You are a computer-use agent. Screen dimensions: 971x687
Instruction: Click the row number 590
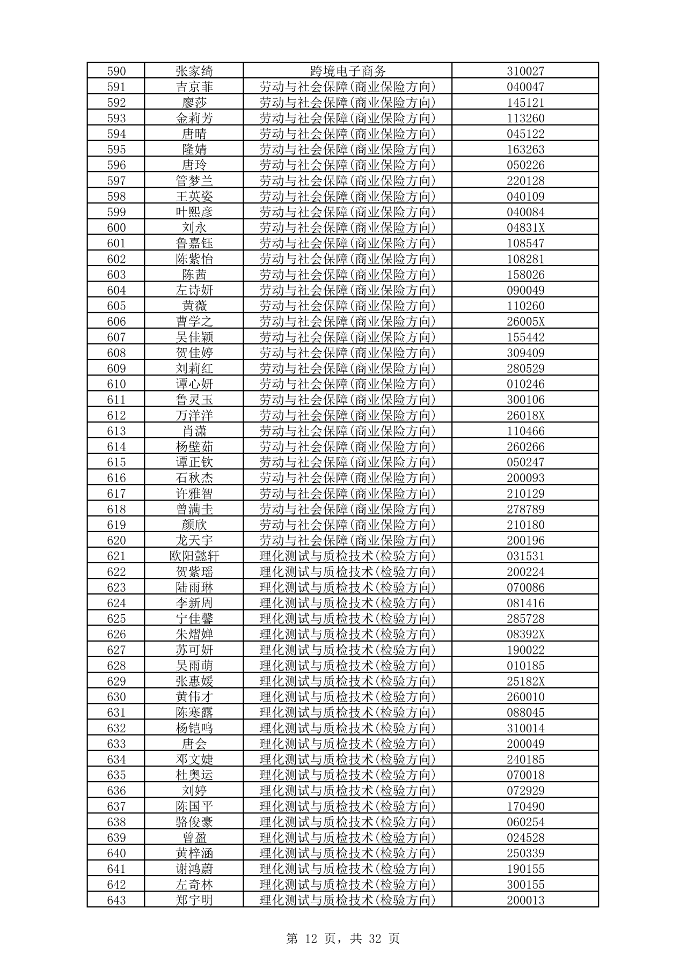coord(116,71)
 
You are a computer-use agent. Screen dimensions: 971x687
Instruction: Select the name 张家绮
coord(194,71)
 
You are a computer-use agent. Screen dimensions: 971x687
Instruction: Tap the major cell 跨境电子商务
coord(348,71)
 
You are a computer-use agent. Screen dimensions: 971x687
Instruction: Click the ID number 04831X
coord(525,227)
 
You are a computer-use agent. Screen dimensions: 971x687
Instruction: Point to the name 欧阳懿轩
coord(194,556)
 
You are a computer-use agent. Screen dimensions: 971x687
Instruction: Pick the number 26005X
coord(525,321)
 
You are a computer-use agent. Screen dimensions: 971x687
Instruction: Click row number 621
coord(116,556)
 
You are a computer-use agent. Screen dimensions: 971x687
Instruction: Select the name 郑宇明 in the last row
coord(194,900)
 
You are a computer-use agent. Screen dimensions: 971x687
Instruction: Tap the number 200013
coord(525,900)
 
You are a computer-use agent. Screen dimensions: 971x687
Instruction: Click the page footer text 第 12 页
coord(311,938)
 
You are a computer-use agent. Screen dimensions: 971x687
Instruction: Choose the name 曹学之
coord(194,321)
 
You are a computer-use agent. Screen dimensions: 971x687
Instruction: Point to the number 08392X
coord(525,634)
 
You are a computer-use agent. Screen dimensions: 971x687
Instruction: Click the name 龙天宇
coord(194,540)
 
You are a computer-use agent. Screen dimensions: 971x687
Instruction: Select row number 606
coord(116,321)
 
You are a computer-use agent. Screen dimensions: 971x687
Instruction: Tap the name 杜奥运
coord(194,775)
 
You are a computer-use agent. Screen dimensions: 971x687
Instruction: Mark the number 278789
coord(525,509)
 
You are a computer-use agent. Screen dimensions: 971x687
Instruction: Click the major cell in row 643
coord(348,900)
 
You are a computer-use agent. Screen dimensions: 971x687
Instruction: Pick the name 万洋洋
coord(194,415)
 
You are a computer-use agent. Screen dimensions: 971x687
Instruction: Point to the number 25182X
coord(525,681)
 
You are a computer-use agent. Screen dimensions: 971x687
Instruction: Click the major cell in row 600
coord(348,227)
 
